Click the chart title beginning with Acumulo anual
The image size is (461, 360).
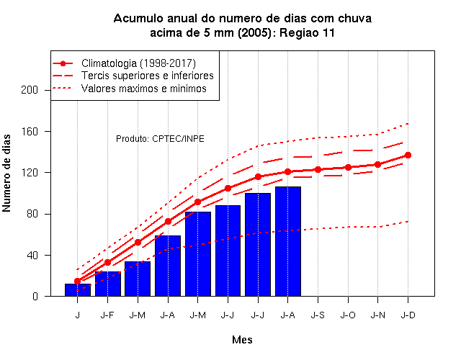pyautogui.click(x=242, y=26)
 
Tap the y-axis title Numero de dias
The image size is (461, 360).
pyautogui.click(x=6, y=173)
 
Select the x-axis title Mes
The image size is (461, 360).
pyautogui.click(x=242, y=340)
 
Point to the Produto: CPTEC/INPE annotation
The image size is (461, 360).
pyautogui.click(x=160, y=139)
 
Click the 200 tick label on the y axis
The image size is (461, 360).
pyautogui.click(x=30, y=90)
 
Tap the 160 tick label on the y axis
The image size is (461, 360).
pyautogui.click(x=30, y=131)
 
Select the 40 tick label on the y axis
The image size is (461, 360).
pyautogui.click(x=32, y=255)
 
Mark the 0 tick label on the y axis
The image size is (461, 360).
pyautogui.click(x=35, y=296)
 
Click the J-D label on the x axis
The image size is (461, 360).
pyautogui.click(x=408, y=315)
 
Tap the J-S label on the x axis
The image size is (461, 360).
pyautogui.click(x=318, y=315)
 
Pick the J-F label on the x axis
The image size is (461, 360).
pyautogui.click(x=107, y=315)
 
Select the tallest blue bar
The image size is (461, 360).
pyautogui.click(x=288, y=241)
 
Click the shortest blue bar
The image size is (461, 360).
pyautogui.click(x=78, y=290)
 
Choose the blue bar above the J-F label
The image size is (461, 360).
pyautogui.click(x=108, y=284)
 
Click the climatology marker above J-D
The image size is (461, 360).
pyautogui.click(x=408, y=156)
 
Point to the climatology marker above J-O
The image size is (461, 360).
pyautogui.click(x=348, y=168)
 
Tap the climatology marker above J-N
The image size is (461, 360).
pyautogui.click(x=377, y=165)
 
